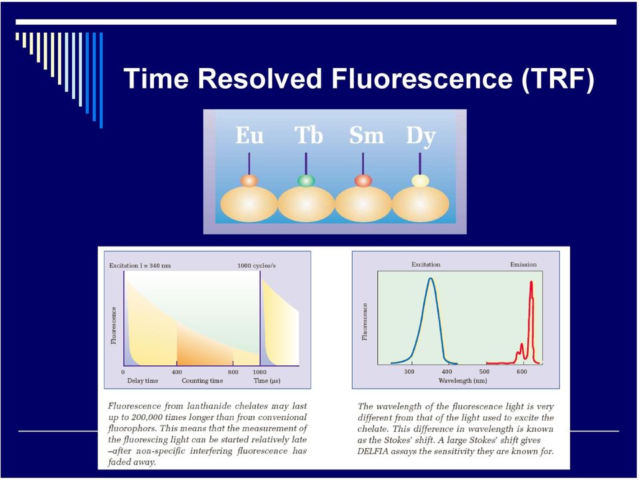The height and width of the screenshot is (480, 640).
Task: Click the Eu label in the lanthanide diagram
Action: (x=249, y=135)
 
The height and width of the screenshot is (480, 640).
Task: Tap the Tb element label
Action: (x=309, y=135)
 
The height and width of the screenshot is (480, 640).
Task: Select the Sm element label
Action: (x=367, y=135)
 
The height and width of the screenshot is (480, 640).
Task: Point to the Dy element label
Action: (x=421, y=137)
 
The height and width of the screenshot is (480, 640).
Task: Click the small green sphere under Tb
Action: (x=306, y=181)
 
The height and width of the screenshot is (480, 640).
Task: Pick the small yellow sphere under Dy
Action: (x=420, y=181)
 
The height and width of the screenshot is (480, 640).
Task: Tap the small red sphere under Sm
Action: (x=363, y=181)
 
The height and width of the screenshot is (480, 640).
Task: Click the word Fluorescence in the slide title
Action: (x=421, y=78)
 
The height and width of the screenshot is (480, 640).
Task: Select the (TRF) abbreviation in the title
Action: (x=557, y=79)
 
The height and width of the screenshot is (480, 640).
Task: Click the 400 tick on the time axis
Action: (x=177, y=372)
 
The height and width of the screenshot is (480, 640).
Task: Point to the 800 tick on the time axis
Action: (x=233, y=372)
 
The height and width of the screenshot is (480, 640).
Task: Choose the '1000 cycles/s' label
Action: (x=256, y=266)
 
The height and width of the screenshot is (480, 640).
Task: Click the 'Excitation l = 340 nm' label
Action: (x=140, y=266)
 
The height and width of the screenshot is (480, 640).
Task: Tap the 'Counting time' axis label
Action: (x=203, y=381)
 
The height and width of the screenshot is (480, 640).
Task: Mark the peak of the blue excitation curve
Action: (x=430, y=279)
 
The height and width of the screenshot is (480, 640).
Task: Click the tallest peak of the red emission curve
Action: (x=531, y=281)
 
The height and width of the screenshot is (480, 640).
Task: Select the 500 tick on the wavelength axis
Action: (x=485, y=372)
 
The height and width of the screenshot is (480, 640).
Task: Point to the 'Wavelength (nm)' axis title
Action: (x=463, y=381)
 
